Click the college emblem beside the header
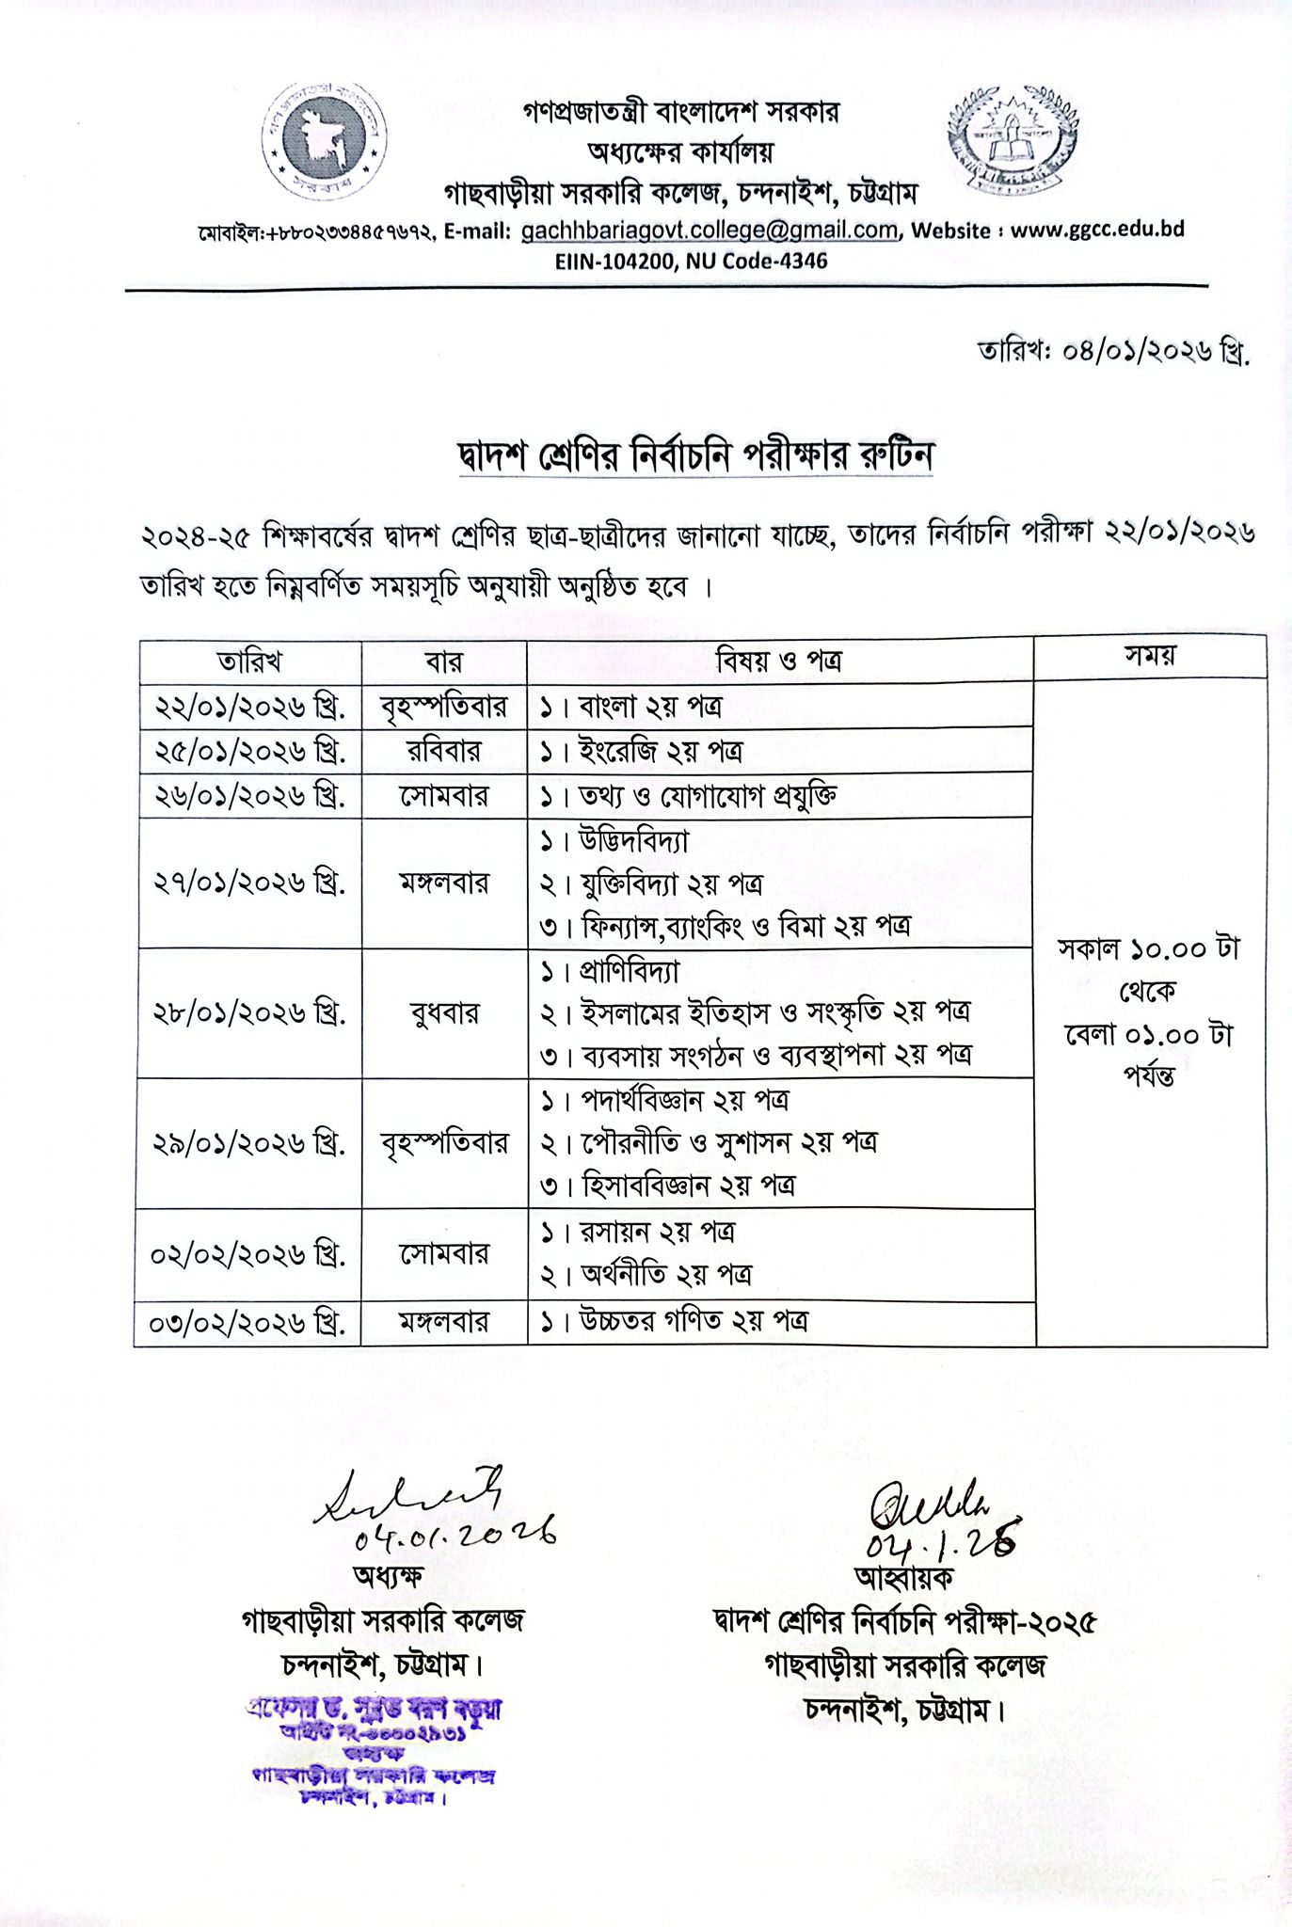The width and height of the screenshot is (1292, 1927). pyautogui.click(x=1012, y=138)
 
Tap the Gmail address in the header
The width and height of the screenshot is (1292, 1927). pyautogui.click(x=709, y=231)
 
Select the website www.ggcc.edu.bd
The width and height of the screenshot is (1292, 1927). pyautogui.click(x=1096, y=231)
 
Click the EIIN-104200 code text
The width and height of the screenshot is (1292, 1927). pyautogui.click(x=614, y=261)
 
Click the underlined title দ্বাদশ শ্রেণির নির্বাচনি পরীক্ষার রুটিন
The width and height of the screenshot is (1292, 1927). pyautogui.click(x=695, y=455)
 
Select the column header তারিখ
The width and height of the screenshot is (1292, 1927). pyautogui.click(x=249, y=661)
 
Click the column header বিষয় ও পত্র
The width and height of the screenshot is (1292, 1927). pyautogui.click(x=778, y=661)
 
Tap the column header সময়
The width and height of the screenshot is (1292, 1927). pyautogui.click(x=1150, y=656)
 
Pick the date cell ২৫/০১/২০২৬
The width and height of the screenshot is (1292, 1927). pyautogui.click(x=249, y=751)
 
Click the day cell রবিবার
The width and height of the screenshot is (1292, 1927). pyautogui.click(x=443, y=751)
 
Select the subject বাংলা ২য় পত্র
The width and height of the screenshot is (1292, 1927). pyautogui.click(x=649, y=706)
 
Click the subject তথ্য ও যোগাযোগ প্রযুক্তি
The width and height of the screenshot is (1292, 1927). pyautogui.click(x=707, y=796)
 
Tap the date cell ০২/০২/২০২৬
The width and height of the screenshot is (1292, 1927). pyautogui.click(x=247, y=1255)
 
